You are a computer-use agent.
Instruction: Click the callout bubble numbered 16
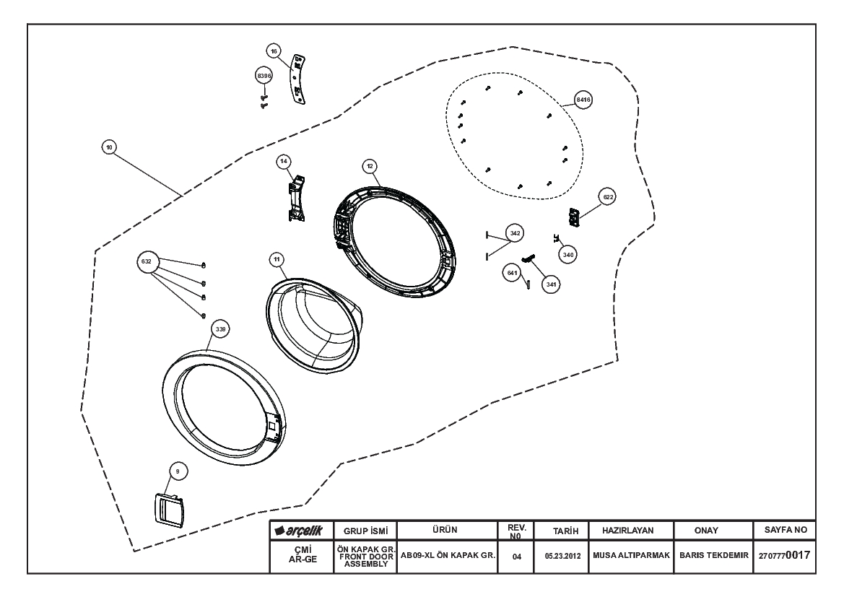pyautogui.click(x=274, y=51)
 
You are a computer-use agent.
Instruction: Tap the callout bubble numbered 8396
pyautogui.click(x=264, y=76)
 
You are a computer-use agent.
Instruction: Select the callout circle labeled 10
pyautogui.click(x=109, y=147)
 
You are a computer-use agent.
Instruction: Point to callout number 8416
pyautogui.click(x=583, y=100)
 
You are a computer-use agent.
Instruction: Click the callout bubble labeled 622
pyautogui.click(x=608, y=197)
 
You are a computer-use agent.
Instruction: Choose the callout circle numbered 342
pyautogui.click(x=515, y=233)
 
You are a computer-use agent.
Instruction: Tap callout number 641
pyautogui.click(x=512, y=273)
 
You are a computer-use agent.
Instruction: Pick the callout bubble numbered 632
pyautogui.click(x=147, y=261)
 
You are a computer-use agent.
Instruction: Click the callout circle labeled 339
pyautogui.click(x=220, y=329)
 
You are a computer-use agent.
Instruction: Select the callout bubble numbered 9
pyautogui.click(x=178, y=471)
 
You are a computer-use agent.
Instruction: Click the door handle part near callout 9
pyautogui.click(x=168, y=509)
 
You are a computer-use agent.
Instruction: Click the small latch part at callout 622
pyautogui.click(x=574, y=217)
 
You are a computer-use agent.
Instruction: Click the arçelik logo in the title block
pyautogui.click(x=299, y=531)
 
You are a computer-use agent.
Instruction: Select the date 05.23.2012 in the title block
pyautogui.click(x=562, y=556)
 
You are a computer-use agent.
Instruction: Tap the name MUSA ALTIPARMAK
pyautogui.click(x=631, y=555)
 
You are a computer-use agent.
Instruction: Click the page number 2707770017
pyautogui.click(x=784, y=555)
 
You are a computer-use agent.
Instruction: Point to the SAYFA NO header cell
pyautogui.click(x=785, y=531)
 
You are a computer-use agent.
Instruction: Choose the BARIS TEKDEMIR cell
pyautogui.click(x=714, y=556)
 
